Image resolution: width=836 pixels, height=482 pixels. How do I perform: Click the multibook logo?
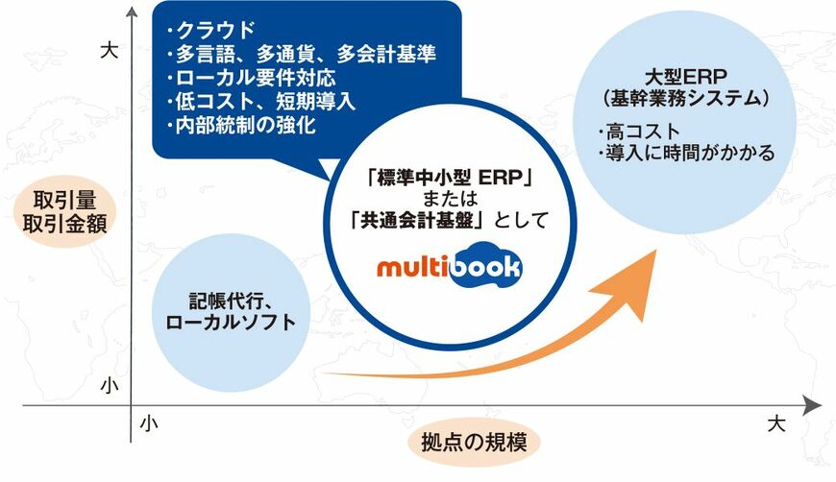(x=449, y=265)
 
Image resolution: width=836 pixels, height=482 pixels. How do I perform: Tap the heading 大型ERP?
(x=686, y=77)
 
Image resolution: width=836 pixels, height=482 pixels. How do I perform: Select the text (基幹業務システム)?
(x=686, y=99)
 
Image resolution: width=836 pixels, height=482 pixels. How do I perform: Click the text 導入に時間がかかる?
(x=691, y=154)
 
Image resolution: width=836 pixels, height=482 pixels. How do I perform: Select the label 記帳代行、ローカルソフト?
(x=231, y=311)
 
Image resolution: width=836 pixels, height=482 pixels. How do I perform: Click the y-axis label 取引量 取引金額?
(x=64, y=211)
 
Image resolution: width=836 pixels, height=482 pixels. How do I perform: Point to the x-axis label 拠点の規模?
(x=474, y=442)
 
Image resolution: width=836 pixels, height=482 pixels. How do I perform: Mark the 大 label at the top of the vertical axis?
(x=110, y=51)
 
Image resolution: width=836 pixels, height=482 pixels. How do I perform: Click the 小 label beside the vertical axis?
(x=110, y=385)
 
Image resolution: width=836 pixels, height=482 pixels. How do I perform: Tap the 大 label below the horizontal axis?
(x=776, y=424)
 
